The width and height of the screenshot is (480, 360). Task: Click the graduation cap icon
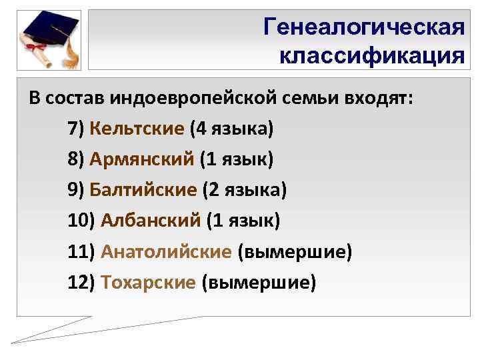pos(50,30)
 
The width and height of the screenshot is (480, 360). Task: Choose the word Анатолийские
pos(166,252)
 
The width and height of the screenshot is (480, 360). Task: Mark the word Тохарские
pos(148,283)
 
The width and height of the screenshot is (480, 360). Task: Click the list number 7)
pos(76,128)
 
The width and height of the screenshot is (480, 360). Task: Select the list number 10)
pos(82,221)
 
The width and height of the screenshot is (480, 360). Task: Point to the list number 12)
pos(82,283)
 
